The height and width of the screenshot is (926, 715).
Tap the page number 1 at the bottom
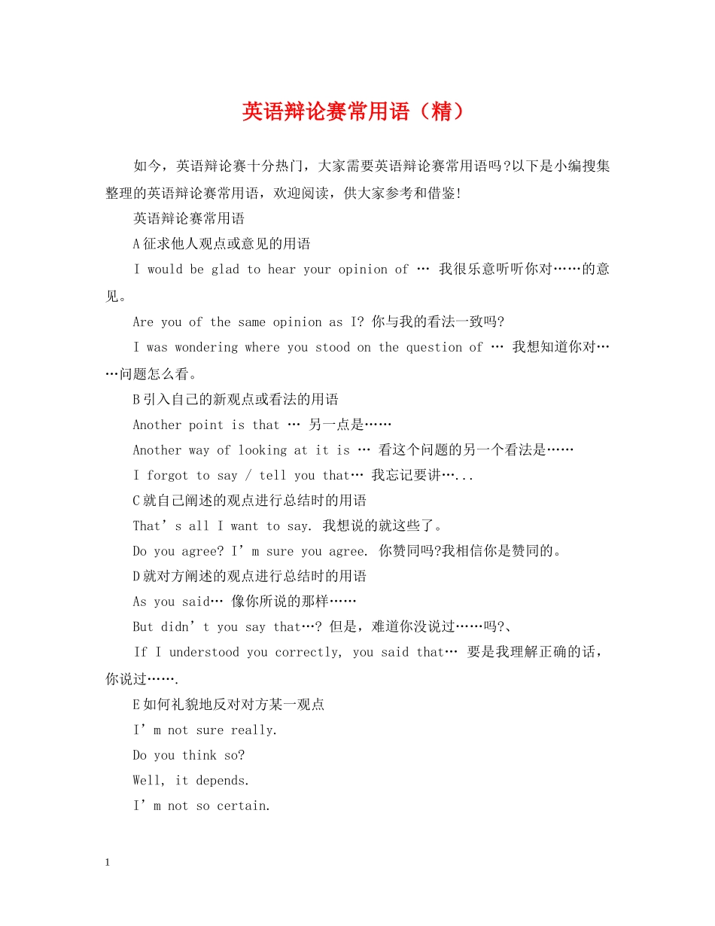(108, 863)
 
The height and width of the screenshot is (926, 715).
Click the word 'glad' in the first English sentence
(224, 270)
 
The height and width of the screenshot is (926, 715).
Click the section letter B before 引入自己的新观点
(136, 399)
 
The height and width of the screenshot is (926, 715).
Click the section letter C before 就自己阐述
(136, 501)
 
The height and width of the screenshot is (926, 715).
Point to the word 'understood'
(210, 652)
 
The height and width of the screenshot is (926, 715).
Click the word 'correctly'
(309, 652)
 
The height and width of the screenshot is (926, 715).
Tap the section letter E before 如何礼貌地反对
(136, 705)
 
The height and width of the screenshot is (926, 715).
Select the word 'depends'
(221, 781)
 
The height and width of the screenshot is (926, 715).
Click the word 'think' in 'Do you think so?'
(199, 755)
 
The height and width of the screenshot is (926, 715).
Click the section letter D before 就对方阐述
(136, 577)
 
